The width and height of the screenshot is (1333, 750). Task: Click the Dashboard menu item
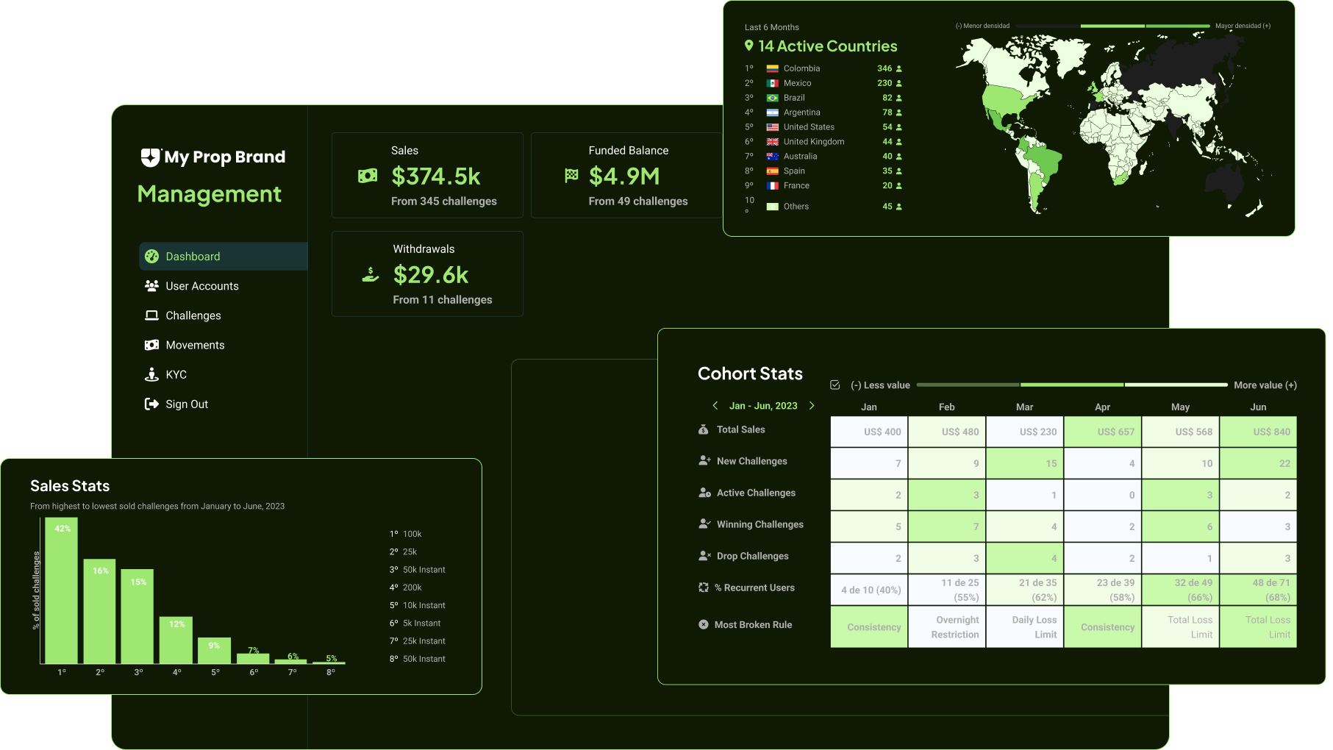click(x=193, y=257)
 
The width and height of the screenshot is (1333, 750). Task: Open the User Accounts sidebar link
click(x=201, y=286)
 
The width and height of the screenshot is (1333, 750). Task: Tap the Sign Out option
click(x=187, y=404)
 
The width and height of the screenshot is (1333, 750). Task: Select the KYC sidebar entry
click(x=176, y=375)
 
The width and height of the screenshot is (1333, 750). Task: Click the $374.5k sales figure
click(x=436, y=176)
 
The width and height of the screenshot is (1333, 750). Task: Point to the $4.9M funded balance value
click(x=624, y=176)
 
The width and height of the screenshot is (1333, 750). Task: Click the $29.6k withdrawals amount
click(x=431, y=275)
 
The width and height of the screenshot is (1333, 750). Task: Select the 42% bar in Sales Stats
click(x=62, y=591)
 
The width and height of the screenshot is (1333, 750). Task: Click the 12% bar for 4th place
click(x=176, y=640)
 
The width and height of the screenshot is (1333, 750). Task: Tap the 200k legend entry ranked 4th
click(x=412, y=587)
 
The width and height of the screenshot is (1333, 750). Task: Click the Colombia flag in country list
click(x=773, y=68)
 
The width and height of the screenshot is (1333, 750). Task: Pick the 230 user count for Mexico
click(x=885, y=83)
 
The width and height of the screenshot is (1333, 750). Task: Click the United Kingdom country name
click(x=814, y=142)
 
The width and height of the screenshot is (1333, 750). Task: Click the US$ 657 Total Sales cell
click(x=1103, y=432)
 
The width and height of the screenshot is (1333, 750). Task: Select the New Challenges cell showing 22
click(x=1258, y=463)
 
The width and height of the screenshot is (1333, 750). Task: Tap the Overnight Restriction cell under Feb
click(x=947, y=627)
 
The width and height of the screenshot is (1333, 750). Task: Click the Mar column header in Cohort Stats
click(x=1024, y=407)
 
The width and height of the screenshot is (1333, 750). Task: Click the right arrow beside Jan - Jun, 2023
click(x=812, y=406)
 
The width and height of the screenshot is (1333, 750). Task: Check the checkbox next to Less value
click(x=835, y=385)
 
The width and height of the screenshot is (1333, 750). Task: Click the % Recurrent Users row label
click(x=759, y=588)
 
